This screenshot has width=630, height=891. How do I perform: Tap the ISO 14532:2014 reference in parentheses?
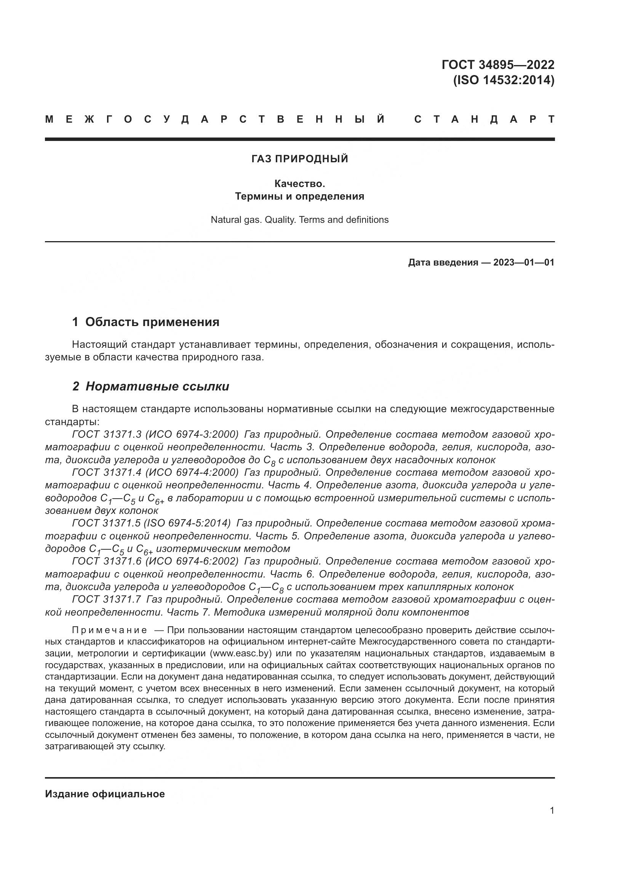(x=504, y=80)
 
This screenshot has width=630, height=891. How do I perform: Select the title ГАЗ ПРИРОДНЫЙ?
(x=299, y=159)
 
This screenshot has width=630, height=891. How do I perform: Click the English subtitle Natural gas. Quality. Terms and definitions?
(x=299, y=220)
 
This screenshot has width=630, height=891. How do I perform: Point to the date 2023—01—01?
(x=524, y=263)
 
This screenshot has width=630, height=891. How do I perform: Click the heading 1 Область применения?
(x=146, y=322)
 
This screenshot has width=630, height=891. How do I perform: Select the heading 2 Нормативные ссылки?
(x=151, y=387)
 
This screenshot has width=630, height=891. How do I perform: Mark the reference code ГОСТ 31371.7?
(x=107, y=599)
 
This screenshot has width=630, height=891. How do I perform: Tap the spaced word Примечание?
(x=109, y=630)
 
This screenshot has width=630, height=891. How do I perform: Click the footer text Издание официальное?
(x=105, y=794)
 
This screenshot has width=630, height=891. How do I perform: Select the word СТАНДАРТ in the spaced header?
(x=484, y=119)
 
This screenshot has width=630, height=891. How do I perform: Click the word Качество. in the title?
(x=299, y=183)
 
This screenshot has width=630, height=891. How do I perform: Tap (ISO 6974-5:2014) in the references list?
(x=187, y=523)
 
